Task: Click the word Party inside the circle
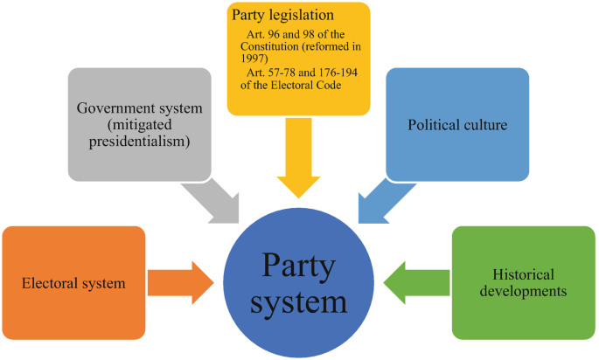coord(299,263)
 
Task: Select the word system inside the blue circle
coord(299,303)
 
